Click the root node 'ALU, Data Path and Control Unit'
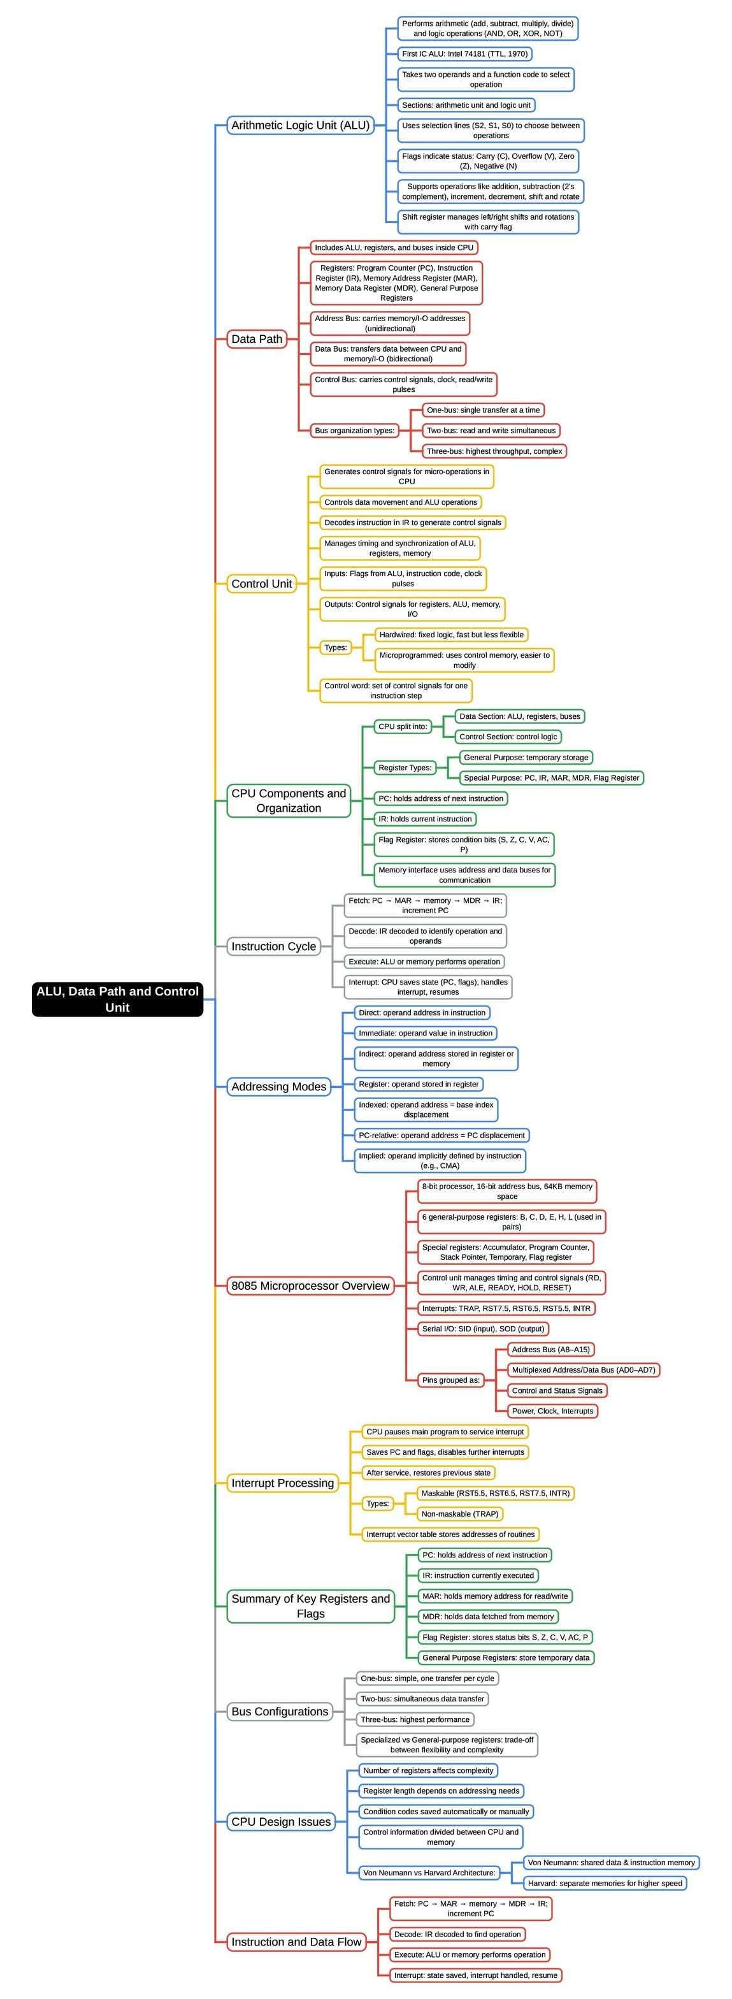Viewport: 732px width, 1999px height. click(117, 999)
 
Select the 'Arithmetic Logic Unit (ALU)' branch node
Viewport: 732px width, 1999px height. click(300, 125)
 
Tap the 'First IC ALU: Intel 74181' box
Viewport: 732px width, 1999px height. click(464, 54)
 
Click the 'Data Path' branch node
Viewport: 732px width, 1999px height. click(257, 339)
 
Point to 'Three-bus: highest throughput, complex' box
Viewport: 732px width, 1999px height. click(494, 451)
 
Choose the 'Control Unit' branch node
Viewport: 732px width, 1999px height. click(261, 584)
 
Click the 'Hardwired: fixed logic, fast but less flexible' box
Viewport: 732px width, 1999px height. click(451, 635)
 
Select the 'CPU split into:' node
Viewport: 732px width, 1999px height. click(403, 726)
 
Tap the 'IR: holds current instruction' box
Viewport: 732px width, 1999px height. click(425, 819)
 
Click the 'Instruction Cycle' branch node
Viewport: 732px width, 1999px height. click(274, 946)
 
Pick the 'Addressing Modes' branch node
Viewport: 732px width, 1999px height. click(278, 1086)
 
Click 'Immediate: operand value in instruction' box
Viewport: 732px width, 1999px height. click(425, 1033)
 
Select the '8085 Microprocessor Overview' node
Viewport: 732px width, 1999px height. click(310, 1286)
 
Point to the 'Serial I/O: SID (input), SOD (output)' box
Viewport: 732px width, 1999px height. click(483, 1329)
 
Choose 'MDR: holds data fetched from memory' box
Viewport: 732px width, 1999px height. click(488, 1617)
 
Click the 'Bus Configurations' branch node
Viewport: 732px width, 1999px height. click(280, 1711)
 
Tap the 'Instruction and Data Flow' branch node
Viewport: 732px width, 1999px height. click(296, 1942)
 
